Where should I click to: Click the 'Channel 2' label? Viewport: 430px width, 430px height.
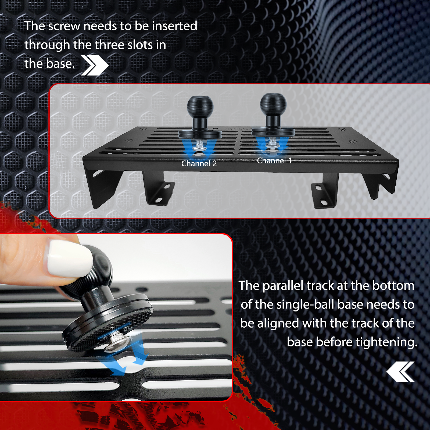pyautogui.click(x=199, y=163)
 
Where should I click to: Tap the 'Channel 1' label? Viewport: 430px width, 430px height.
pyautogui.click(x=274, y=160)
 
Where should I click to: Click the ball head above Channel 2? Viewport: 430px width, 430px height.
pyautogui.click(x=200, y=106)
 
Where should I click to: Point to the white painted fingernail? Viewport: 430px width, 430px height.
pyautogui.click(x=69, y=259)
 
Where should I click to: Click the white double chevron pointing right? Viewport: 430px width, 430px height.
pyautogui.click(x=95, y=65)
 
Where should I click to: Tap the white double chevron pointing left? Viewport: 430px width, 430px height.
pyautogui.click(x=400, y=372)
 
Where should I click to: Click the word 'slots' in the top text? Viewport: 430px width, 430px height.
pyautogui.click(x=140, y=45)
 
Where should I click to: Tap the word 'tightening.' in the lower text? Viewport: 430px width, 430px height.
pyautogui.click(x=386, y=342)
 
